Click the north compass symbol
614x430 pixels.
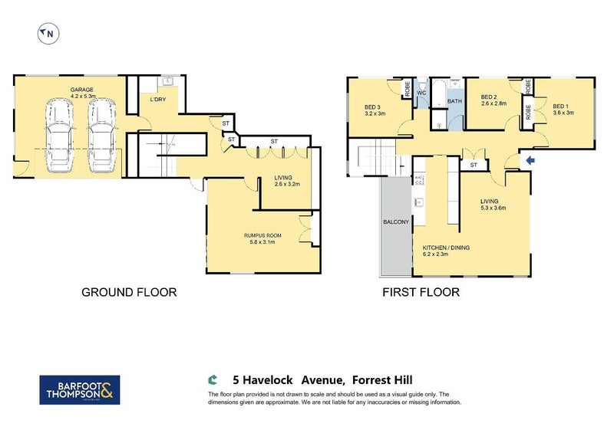[47, 33]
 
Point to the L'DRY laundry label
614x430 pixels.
[157, 100]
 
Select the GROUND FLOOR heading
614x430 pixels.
[129, 292]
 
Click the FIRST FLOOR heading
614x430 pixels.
[421, 292]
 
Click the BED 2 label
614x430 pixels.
[494, 100]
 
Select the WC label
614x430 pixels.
[421, 94]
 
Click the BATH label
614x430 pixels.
[454, 101]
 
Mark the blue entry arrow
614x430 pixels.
[529, 160]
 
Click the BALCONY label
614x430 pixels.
[397, 222]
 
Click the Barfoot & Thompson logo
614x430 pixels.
[79, 389]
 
